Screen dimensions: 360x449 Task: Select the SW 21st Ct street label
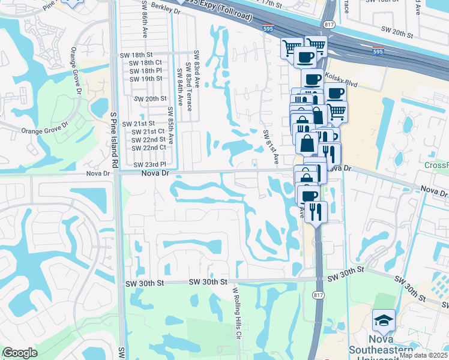click(148, 131)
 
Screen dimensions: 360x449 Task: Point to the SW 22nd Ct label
click(148, 147)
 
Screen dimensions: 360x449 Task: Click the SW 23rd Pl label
click(149, 164)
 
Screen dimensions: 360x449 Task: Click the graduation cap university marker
click(383, 322)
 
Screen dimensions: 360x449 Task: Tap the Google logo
click(20, 353)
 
